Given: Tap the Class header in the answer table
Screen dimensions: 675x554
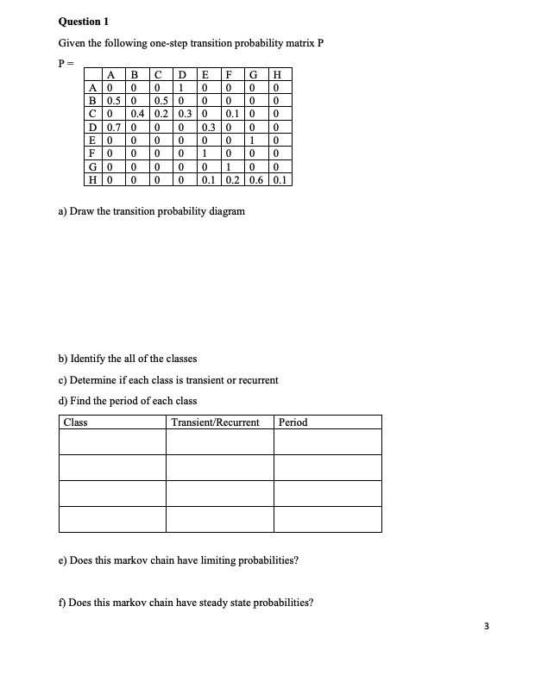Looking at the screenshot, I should (75, 422).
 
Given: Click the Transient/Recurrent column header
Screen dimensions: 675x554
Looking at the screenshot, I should (216, 422).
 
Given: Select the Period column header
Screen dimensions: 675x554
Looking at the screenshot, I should (293, 422).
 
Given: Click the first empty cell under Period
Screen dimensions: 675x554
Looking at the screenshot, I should (327, 441).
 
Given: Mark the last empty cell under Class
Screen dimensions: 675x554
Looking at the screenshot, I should (112, 519).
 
